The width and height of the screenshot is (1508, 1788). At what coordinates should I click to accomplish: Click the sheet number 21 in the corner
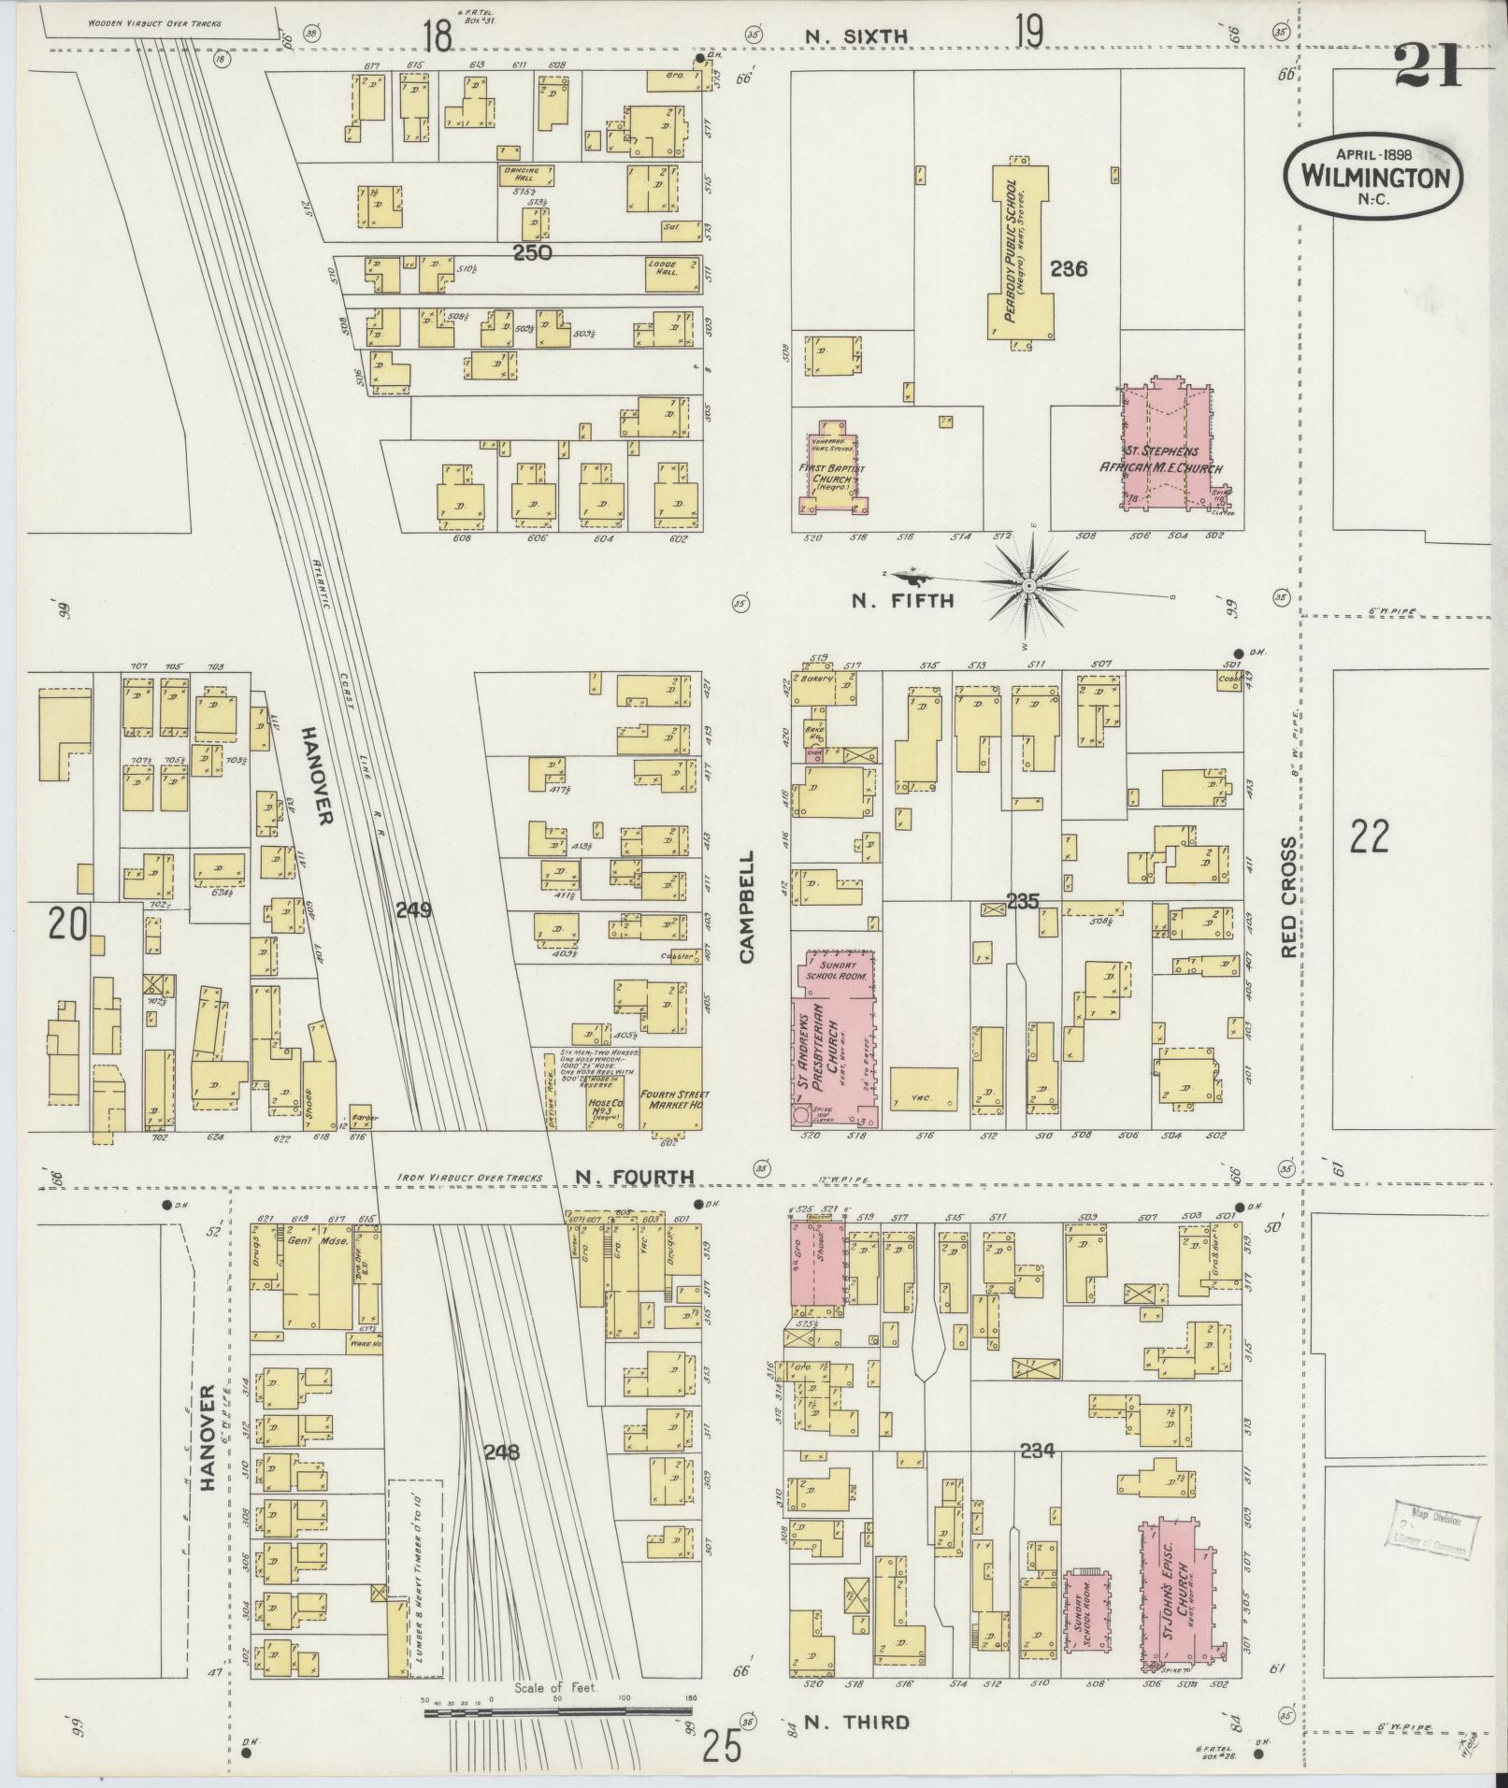[x=1428, y=67]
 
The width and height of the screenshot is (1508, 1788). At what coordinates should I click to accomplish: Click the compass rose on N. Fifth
[x=1028, y=585]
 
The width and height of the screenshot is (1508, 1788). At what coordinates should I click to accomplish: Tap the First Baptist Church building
[x=833, y=472]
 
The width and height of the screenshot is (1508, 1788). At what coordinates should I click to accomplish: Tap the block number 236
[x=1068, y=269]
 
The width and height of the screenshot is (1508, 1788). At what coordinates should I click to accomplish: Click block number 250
[x=532, y=252]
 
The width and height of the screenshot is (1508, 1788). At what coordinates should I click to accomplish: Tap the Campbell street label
[x=746, y=907]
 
